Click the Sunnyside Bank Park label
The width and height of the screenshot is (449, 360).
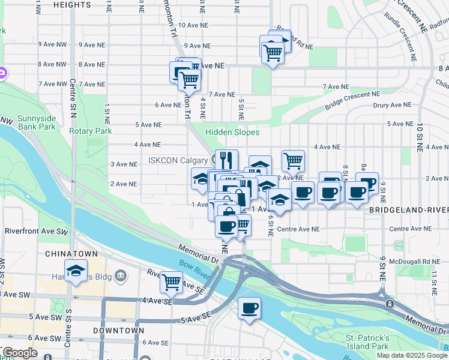point(37,122)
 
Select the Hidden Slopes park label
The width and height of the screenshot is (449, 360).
point(232,132)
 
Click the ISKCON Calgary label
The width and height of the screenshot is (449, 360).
point(178,160)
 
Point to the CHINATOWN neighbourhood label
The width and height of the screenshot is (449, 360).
point(71,254)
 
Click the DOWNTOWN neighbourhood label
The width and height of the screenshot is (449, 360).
point(118,330)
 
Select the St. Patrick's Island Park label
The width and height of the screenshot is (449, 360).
point(367,342)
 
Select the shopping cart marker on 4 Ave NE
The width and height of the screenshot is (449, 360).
point(293,160)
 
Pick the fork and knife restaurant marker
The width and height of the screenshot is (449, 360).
point(226,160)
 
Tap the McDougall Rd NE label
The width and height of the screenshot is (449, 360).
point(410,261)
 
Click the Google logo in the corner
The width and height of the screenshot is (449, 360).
point(20,353)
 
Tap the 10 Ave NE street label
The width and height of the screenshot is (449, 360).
point(193,25)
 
